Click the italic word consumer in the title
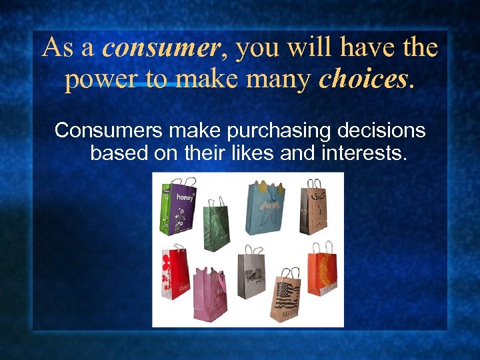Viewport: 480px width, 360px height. tap(161, 48)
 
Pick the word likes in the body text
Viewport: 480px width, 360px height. tap(255, 153)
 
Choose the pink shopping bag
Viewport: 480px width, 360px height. tap(210, 295)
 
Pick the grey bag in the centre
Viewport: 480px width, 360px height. tap(250, 276)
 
